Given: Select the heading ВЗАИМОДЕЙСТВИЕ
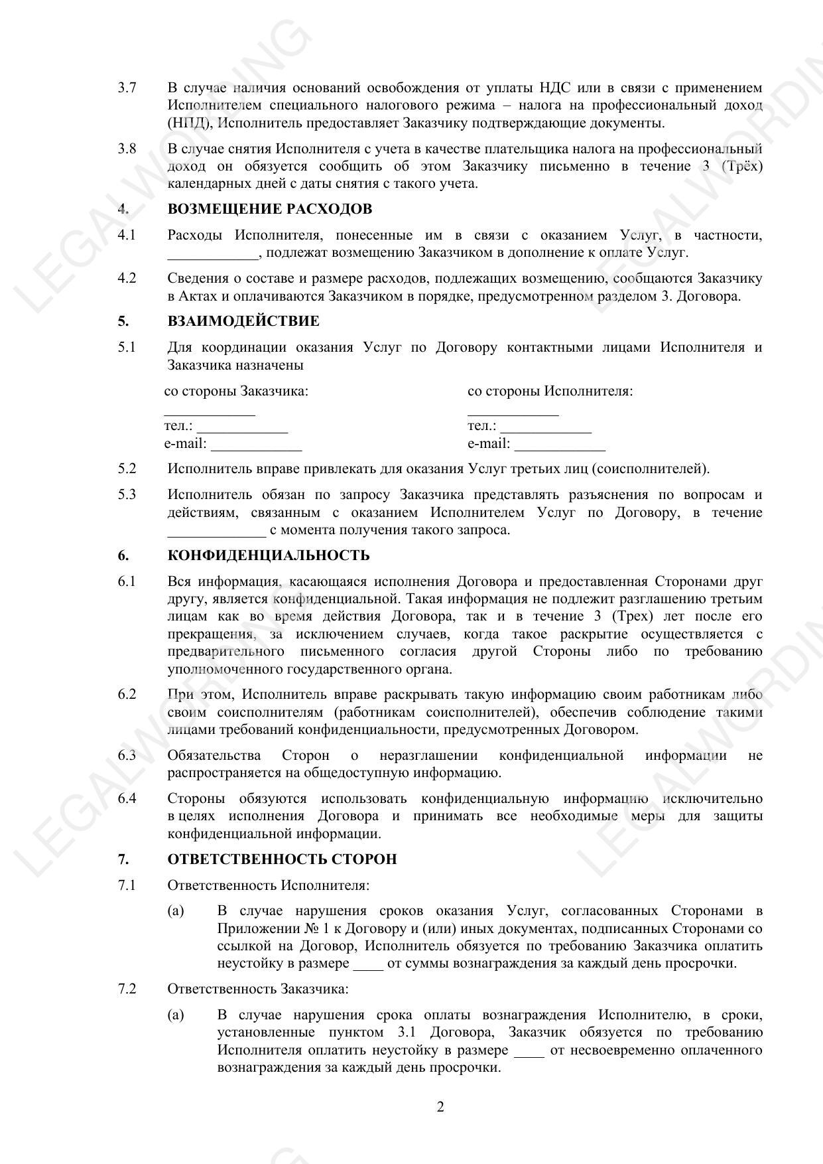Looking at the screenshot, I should click(243, 321).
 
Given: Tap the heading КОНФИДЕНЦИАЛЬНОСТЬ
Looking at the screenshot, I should click(268, 555).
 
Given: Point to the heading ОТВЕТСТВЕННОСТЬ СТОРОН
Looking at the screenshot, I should click(282, 859).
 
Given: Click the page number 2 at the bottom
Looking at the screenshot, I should click(440, 1107).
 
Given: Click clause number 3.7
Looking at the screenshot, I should click(127, 88).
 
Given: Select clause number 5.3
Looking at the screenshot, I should click(127, 494).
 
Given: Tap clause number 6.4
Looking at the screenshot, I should click(127, 798).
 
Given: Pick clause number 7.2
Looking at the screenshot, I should click(127, 989).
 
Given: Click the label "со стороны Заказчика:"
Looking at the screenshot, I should click(236, 392).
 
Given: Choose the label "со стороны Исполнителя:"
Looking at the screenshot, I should click(550, 392).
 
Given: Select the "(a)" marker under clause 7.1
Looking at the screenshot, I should click(176, 911).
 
